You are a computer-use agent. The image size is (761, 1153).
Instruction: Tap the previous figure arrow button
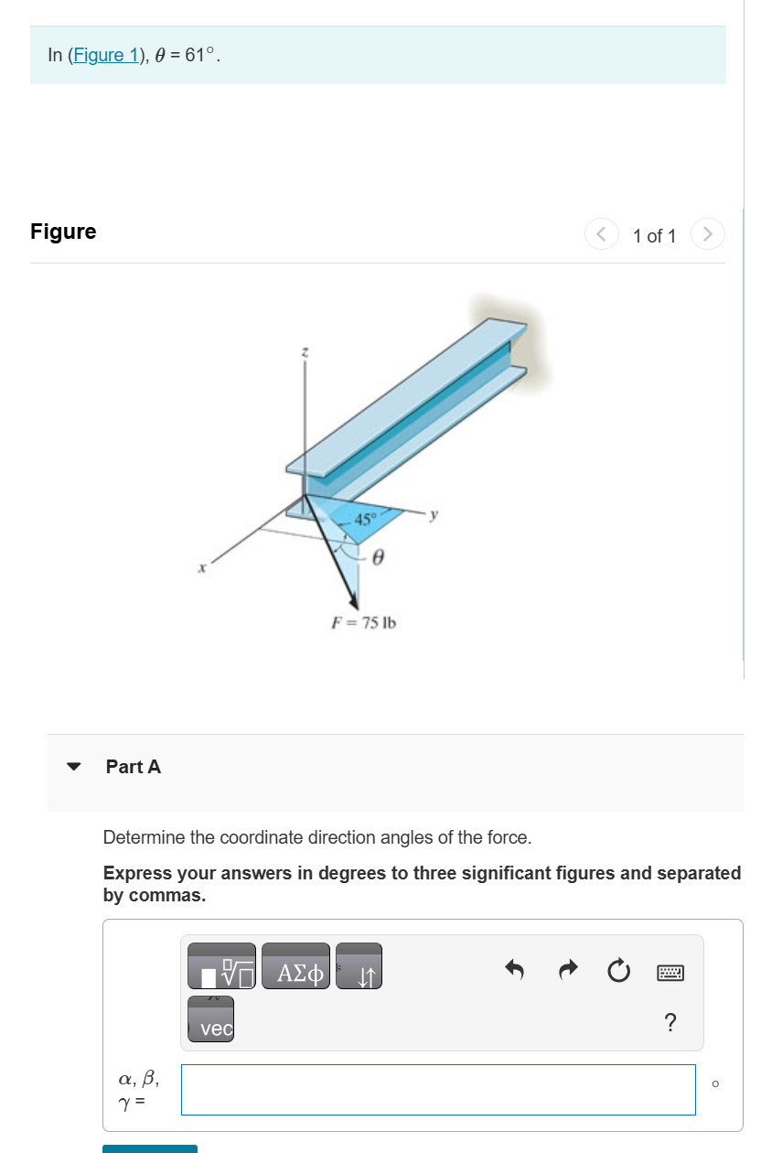pyautogui.click(x=600, y=234)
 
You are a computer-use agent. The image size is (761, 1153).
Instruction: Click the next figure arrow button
pyautogui.click(x=708, y=234)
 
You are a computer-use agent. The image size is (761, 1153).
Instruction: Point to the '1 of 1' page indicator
pyautogui.click(x=654, y=236)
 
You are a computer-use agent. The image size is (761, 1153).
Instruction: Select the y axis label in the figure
pyautogui.click(x=434, y=515)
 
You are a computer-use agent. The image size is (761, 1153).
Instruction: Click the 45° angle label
pyautogui.click(x=364, y=519)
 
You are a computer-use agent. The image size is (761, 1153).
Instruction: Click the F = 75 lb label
pyautogui.click(x=363, y=623)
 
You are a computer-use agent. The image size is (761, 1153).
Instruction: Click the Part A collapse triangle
pyautogui.click(x=74, y=767)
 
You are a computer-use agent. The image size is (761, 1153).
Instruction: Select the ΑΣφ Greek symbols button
pyautogui.click(x=295, y=966)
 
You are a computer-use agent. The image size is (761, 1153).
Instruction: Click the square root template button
pyautogui.click(x=221, y=966)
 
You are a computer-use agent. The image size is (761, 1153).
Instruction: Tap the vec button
pyautogui.click(x=211, y=1019)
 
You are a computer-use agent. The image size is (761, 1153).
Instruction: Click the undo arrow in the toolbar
pyautogui.click(x=515, y=968)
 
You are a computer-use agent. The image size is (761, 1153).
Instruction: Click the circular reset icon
pyautogui.click(x=618, y=968)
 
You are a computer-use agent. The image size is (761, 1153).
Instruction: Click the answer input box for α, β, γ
pyautogui.click(x=438, y=1089)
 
